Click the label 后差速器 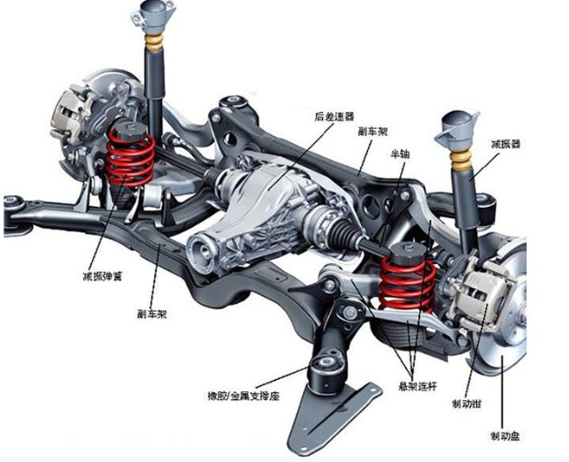pos(334,116)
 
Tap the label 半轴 pos(402,153)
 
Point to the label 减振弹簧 pos(103,276)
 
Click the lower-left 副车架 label pos(154,314)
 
